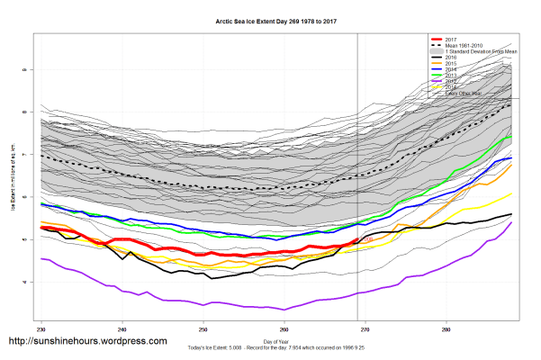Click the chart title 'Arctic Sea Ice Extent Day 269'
(270, 20)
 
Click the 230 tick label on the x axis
(41, 330)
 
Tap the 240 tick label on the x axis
(122, 330)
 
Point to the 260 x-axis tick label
(284, 330)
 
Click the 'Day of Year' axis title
(270, 340)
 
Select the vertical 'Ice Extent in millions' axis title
(13, 180)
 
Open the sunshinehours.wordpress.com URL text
(87, 342)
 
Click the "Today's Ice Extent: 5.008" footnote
(270, 347)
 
